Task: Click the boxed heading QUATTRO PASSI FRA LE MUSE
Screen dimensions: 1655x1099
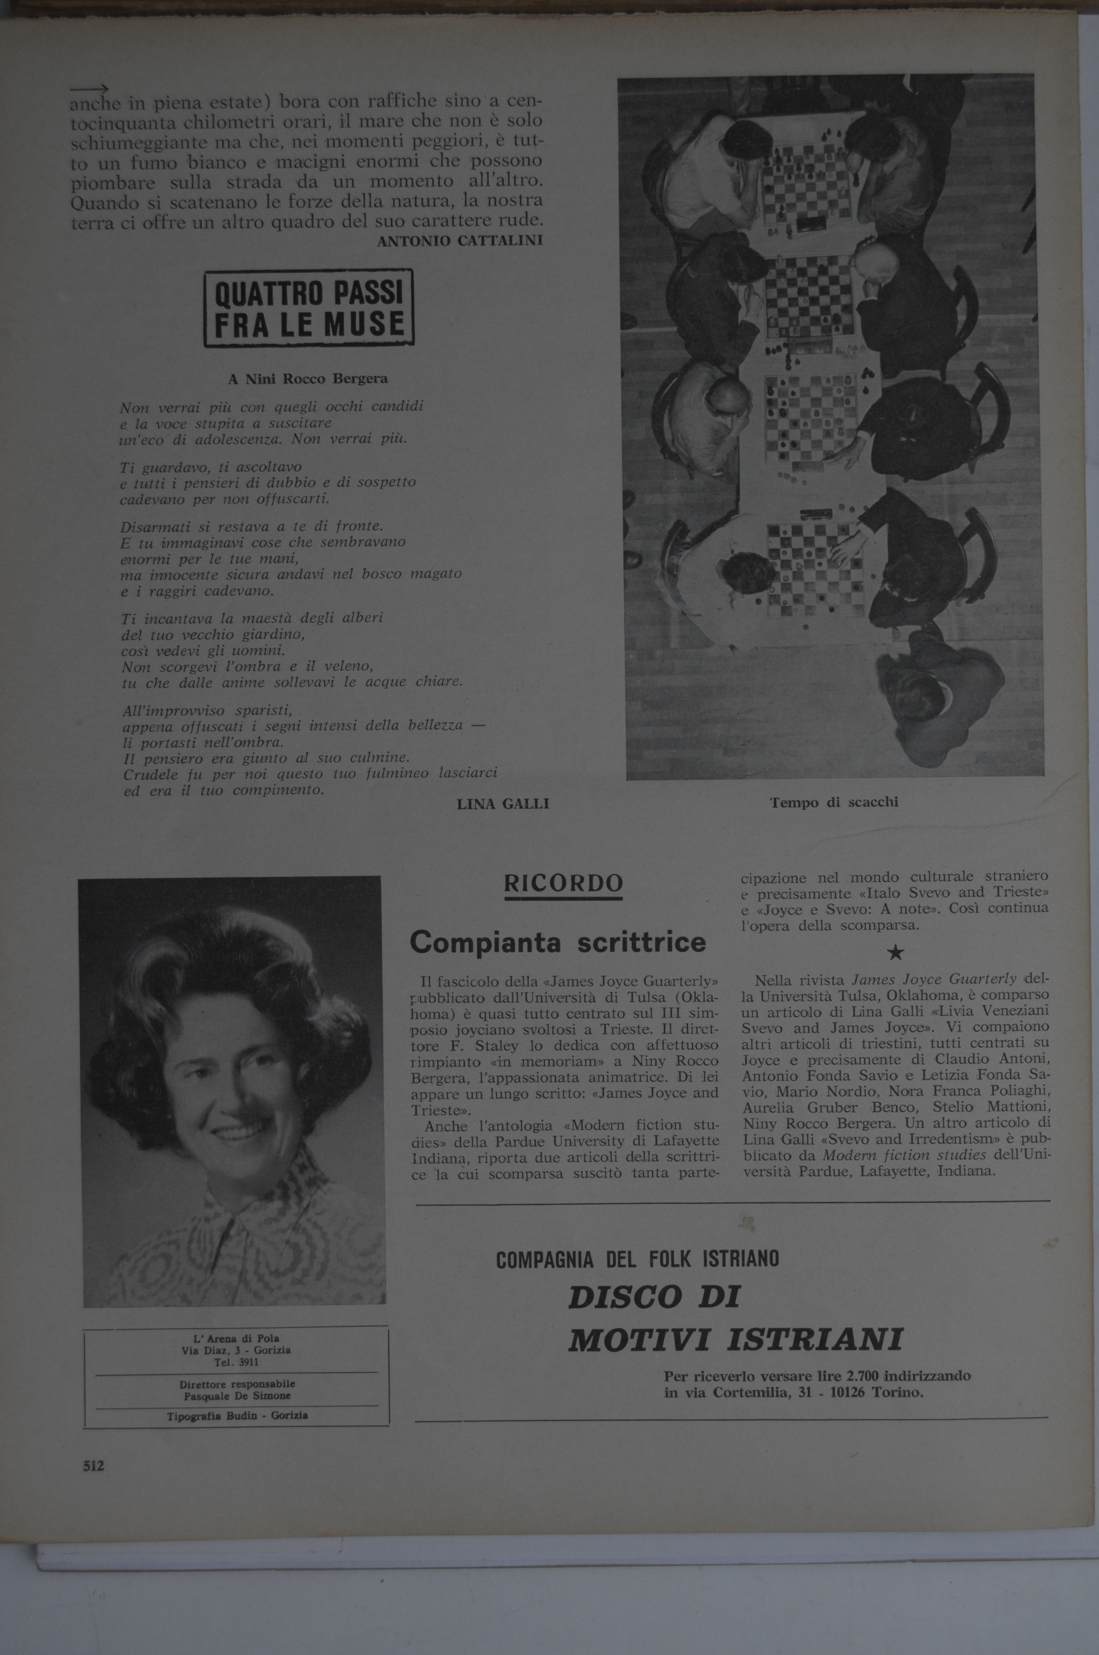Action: pos(308,309)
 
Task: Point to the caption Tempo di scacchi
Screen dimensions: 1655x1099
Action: pos(834,802)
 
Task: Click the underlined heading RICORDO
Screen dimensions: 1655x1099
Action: pos(563,884)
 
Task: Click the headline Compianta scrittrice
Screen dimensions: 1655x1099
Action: pos(558,941)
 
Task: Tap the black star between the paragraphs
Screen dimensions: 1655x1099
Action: pos(894,953)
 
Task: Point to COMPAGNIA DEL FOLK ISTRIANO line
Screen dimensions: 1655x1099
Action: pos(637,1260)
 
